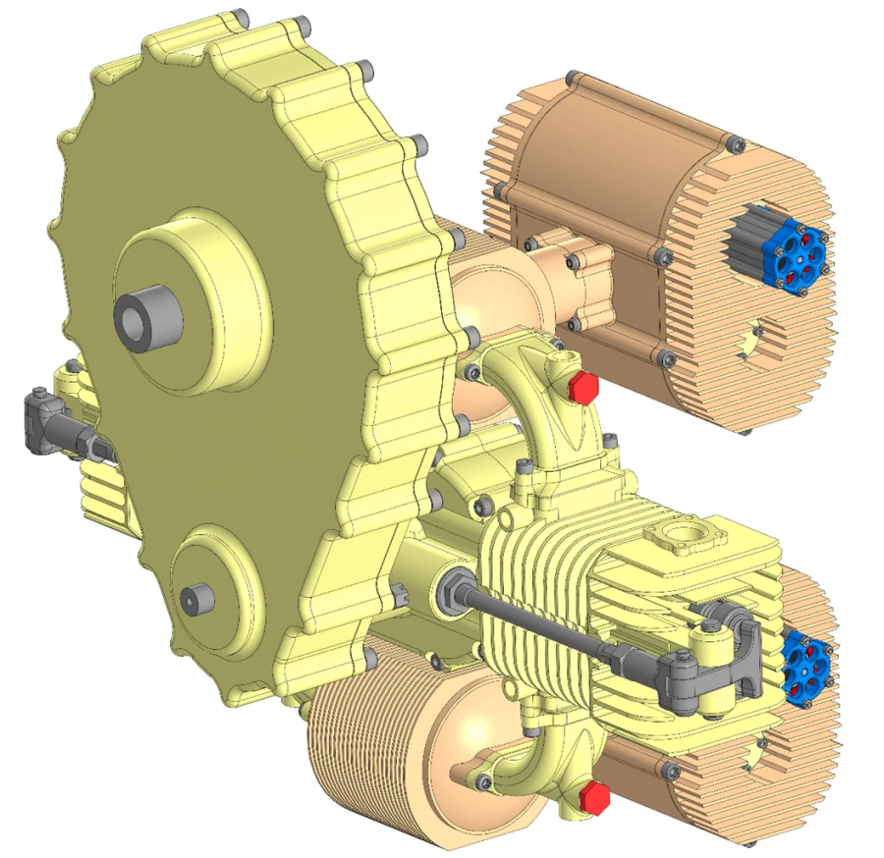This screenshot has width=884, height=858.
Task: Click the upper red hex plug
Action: tap(582, 387)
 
